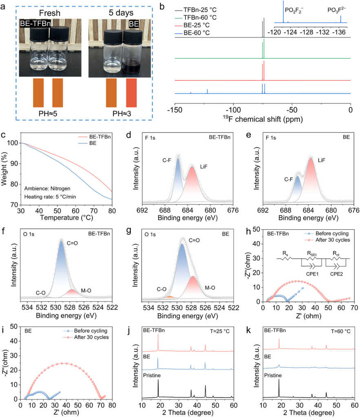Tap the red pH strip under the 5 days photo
coord(131,92)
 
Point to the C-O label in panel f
coord(40,292)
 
